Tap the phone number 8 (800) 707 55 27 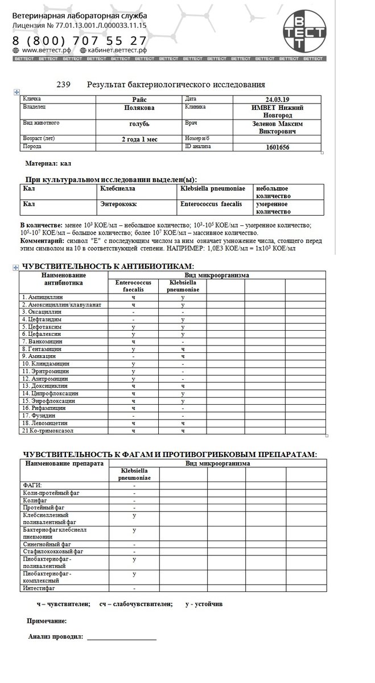[x=80, y=41]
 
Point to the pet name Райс [x=139, y=99]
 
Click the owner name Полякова [x=139, y=107]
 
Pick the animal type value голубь [x=139, y=123]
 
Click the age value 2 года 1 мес [x=139, y=139]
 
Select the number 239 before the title [x=63, y=85]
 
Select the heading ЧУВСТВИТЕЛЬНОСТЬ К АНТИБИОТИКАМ [x=107, y=266]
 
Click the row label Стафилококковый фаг [x=53, y=552]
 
